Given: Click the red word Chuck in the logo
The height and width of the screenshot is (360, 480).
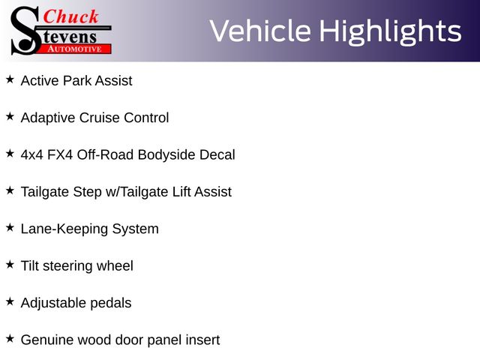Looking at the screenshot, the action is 70,16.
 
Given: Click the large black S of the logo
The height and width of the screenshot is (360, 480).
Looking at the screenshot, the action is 25,31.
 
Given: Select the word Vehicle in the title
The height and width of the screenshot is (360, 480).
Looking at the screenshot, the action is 260,31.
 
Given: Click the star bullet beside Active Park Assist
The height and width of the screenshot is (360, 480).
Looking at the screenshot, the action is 10,79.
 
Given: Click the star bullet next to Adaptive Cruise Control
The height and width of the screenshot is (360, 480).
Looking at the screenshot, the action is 10,117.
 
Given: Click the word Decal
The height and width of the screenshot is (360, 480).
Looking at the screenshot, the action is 217,155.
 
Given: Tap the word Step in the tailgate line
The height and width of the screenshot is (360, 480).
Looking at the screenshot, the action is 87,193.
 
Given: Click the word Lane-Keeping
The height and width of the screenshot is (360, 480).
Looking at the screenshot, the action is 64,229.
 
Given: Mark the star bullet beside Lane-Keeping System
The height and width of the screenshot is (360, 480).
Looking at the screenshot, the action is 10,228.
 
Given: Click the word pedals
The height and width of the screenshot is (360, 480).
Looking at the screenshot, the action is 111,303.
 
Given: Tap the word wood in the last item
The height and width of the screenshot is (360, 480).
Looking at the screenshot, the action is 94,340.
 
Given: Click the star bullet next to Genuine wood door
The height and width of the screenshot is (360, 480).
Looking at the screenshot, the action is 10,339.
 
